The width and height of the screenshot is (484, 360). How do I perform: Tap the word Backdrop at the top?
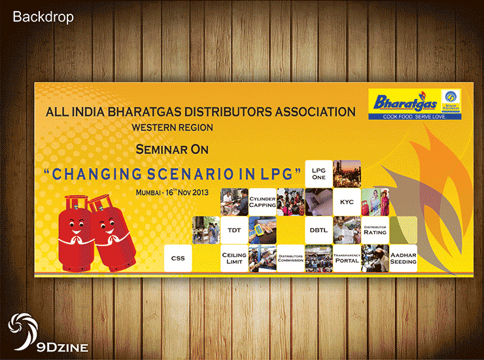click(x=43, y=17)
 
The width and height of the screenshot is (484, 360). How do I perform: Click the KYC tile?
click(x=347, y=202)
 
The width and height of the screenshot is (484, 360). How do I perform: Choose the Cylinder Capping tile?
click(x=262, y=202)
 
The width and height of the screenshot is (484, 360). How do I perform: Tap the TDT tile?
click(x=234, y=230)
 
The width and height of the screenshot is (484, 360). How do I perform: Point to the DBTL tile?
click(x=319, y=230)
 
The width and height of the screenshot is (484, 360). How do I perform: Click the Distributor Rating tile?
click(x=375, y=230)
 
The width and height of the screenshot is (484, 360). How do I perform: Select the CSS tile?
click(x=178, y=258)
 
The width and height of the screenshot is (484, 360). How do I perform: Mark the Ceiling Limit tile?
click(x=234, y=258)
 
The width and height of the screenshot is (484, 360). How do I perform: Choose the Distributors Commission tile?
click(x=290, y=258)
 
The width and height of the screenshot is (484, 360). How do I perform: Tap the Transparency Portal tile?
click(x=347, y=258)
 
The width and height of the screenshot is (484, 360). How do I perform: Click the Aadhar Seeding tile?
click(x=403, y=258)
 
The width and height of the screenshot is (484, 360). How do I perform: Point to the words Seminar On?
click(x=172, y=149)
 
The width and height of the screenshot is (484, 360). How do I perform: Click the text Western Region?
click(x=172, y=127)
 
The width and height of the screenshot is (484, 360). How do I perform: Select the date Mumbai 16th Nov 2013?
click(x=173, y=192)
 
